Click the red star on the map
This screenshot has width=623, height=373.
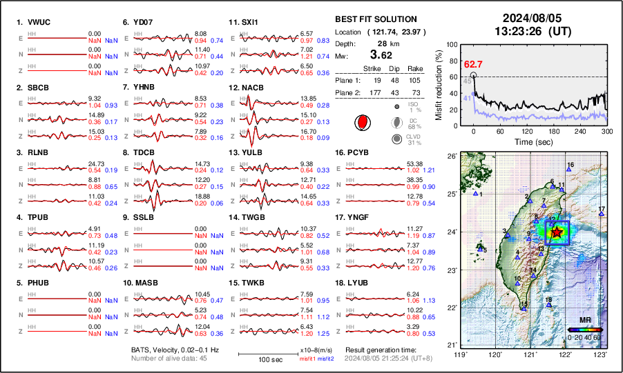pyautogui.click(x=557, y=232)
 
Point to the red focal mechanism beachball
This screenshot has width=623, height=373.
pyautogui.click(x=361, y=123)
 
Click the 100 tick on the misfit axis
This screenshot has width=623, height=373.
pyautogui.click(x=452, y=44)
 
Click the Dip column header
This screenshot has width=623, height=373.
pyautogui.click(x=394, y=68)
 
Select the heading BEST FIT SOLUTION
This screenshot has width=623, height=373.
pyautogui.click(x=375, y=19)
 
